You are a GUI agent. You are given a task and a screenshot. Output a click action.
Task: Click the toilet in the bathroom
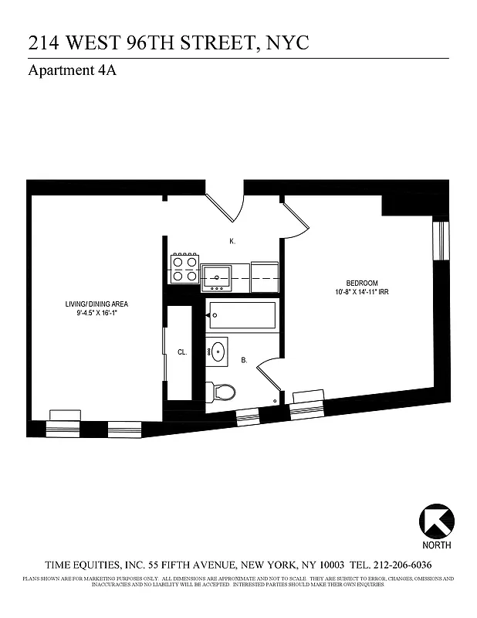tap(223, 392)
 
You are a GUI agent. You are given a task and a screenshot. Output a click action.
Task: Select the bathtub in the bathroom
tap(242, 316)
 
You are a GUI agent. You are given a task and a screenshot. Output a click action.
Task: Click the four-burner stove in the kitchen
tap(185, 268)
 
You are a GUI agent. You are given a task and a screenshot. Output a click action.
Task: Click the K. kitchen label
tap(232, 242)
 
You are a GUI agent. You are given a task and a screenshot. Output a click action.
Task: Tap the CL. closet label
tap(182, 352)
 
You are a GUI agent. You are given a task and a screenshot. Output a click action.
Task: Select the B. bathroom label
tap(244, 360)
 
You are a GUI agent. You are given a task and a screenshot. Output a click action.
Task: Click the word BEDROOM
tap(361, 283)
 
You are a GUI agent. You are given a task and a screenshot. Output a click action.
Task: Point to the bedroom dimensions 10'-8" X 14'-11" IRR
tap(362, 292)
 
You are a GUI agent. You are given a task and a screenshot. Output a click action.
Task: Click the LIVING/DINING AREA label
tap(96, 304)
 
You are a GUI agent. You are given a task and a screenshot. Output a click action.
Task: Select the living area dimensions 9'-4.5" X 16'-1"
tap(96, 314)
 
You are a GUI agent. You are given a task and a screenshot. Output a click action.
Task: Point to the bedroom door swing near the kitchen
tap(296, 219)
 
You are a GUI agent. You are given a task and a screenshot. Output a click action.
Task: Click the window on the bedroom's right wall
tap(441, 242)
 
